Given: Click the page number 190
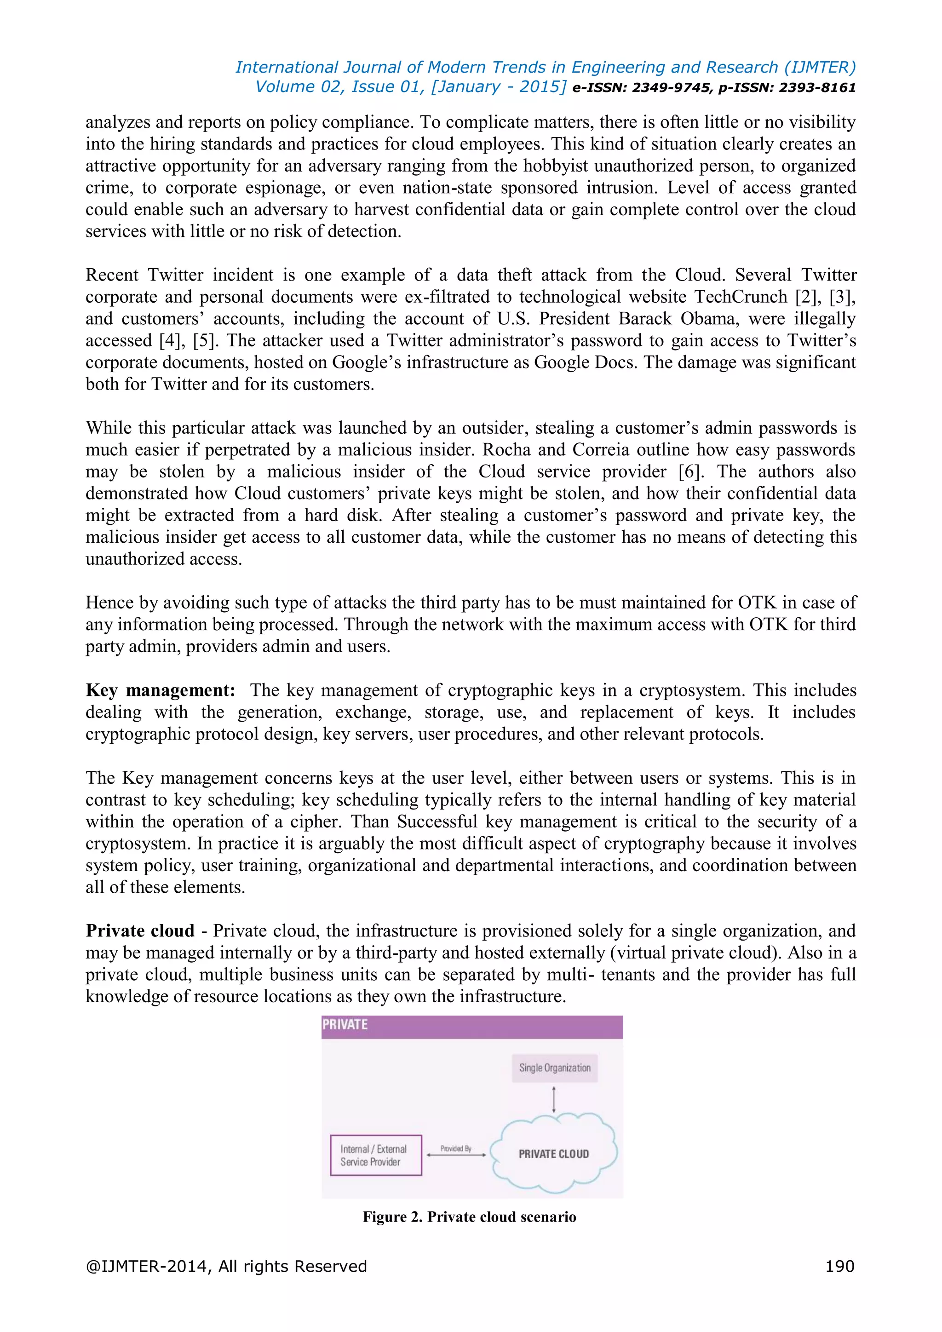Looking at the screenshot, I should coord(839,1266).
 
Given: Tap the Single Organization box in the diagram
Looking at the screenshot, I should coord(555,1068).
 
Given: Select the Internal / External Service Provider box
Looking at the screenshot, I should coord(375,1155).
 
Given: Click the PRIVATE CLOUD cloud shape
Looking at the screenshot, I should coord(553,1154).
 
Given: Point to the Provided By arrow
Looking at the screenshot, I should coord(456,1154).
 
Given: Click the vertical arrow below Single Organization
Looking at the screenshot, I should coord(554,1099).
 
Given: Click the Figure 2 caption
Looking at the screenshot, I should coord(469,1217).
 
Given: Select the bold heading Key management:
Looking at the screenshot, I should coord(160,690).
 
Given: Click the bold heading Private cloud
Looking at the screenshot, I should coord(140,930).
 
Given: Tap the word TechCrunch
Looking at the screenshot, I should coord(740,297).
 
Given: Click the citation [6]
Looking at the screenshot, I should coord(691,471).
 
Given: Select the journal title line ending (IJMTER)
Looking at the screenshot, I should coord(545,67).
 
